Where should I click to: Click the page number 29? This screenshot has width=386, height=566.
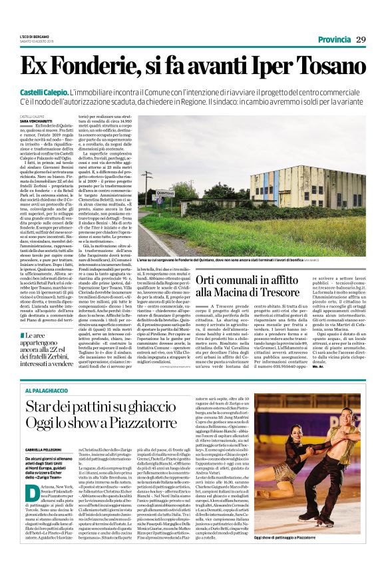coord(360,40)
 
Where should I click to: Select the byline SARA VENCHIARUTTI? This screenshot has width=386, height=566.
coord(37,119)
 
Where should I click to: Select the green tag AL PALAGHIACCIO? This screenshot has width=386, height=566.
coord(45,389)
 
